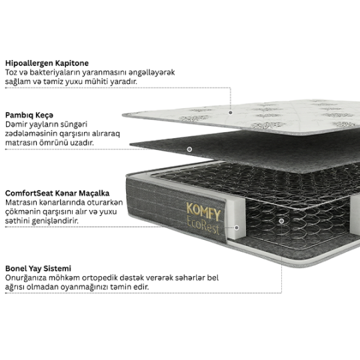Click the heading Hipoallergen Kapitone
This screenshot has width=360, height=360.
[47, 63]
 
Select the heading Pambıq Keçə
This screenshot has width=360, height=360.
[29, 115]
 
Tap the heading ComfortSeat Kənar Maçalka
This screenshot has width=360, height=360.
[57, 193]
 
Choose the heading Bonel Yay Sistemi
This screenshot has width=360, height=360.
[38, 269]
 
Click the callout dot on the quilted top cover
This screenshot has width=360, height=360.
[231, 113]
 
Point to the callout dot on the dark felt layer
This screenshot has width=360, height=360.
[189, 149]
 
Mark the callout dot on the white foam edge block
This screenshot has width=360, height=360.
[237, 227]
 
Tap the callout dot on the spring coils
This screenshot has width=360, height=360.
[281, 221]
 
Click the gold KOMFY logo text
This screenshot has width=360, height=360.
[203, 211]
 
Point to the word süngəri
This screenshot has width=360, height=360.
[74, 125]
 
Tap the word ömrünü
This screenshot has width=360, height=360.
[54, 143]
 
